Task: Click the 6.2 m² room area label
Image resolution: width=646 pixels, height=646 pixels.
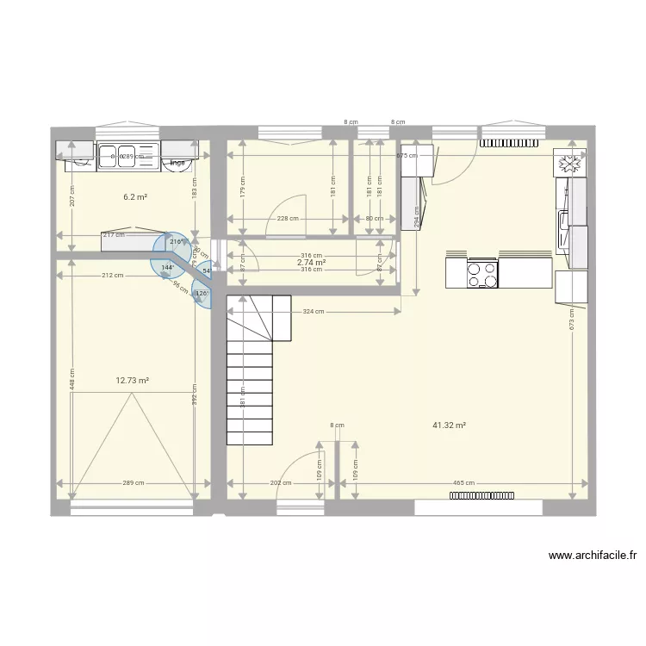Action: (x=135, y=197)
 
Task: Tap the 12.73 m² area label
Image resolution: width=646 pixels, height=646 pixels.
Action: (x=133, y=380)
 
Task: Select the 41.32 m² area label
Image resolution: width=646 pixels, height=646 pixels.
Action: (x=450, y=425)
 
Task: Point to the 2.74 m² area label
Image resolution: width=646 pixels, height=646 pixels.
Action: (x=311, y=263)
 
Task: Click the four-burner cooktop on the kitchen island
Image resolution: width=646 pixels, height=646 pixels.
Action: (x=481, y=273)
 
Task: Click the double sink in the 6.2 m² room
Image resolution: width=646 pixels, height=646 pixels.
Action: (x=118, y=156)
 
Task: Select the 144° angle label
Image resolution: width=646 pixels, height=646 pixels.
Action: (x=166, y=268)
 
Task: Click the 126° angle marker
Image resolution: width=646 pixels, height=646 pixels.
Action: (x=202, y=295)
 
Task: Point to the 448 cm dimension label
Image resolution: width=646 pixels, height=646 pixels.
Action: (x=72, y=380)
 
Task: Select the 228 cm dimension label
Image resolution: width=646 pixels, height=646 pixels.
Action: (x=287, y=219)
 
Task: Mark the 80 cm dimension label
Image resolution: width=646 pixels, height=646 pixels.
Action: (x=375, y=219)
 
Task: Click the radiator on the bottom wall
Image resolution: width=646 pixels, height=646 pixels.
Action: (x=481, y=495)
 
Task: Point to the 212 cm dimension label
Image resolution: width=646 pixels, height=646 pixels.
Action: (x=111, y=276)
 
